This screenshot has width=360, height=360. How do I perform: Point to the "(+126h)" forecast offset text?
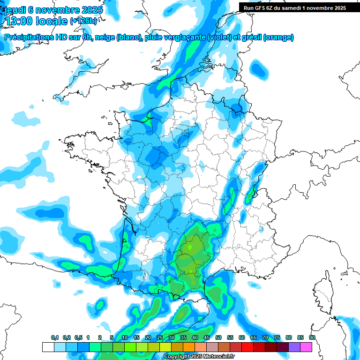pos(83,22)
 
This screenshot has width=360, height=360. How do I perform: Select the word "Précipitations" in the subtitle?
pos(27,37)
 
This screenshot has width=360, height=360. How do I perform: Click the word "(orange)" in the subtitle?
pos(279,37)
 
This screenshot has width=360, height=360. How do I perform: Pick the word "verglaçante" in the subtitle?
pos(182,37)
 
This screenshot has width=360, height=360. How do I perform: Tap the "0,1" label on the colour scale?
pos(55,338)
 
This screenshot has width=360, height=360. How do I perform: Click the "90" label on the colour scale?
pos(312,338)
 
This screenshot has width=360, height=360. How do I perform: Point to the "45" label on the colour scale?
pos(207,338)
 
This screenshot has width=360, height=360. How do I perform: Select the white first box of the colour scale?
pos(48,347)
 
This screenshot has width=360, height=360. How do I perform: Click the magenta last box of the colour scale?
pos(306,347)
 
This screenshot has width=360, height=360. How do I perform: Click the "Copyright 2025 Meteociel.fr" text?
pos(199,357)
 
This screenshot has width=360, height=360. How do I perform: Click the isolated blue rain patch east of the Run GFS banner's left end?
pos(257,69)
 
